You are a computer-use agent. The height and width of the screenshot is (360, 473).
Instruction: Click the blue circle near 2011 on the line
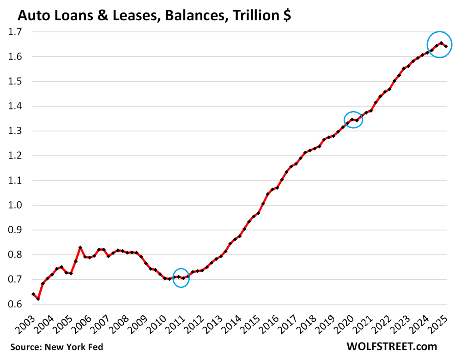181,278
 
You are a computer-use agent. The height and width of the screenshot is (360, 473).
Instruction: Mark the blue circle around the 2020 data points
353,120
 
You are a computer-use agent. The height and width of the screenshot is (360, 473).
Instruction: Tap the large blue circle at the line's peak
439,44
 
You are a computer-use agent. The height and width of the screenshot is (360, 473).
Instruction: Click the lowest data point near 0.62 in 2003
38,299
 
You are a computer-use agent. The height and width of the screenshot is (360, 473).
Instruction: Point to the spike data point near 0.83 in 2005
80,248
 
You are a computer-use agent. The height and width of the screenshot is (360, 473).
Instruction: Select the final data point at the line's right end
446,46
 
